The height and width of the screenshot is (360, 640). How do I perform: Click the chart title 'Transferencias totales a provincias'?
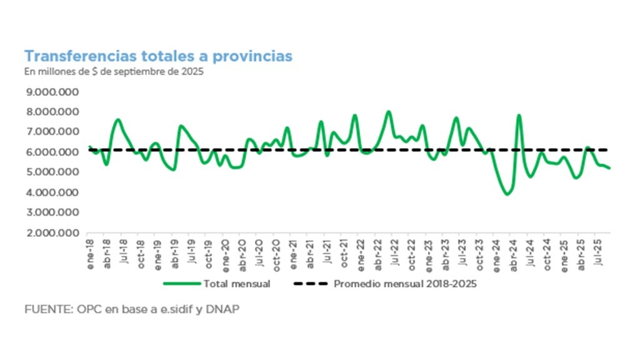(x=158, y=56)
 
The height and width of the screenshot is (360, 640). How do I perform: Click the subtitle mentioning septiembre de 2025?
(x=114, y=71)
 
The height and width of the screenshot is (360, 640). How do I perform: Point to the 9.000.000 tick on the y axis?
(x=52, y=92)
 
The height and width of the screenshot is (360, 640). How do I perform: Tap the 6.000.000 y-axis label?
(x=52, y=152)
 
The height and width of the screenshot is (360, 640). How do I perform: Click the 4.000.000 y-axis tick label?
(x=52, y=192)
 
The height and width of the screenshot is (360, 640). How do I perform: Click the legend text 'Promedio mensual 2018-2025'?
(x=406, y=284)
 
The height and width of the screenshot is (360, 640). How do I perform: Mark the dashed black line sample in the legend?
(x=310, y=284)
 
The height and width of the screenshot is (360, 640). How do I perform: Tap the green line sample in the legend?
(x=181, y=284)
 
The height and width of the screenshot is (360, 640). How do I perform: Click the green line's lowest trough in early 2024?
(x=507, y=194)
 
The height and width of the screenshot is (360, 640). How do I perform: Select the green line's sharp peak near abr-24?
(x=519, y=115)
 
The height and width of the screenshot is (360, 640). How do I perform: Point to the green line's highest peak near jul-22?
(x=388, y=112)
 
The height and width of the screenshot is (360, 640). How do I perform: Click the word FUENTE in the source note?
(x=44, y=309)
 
